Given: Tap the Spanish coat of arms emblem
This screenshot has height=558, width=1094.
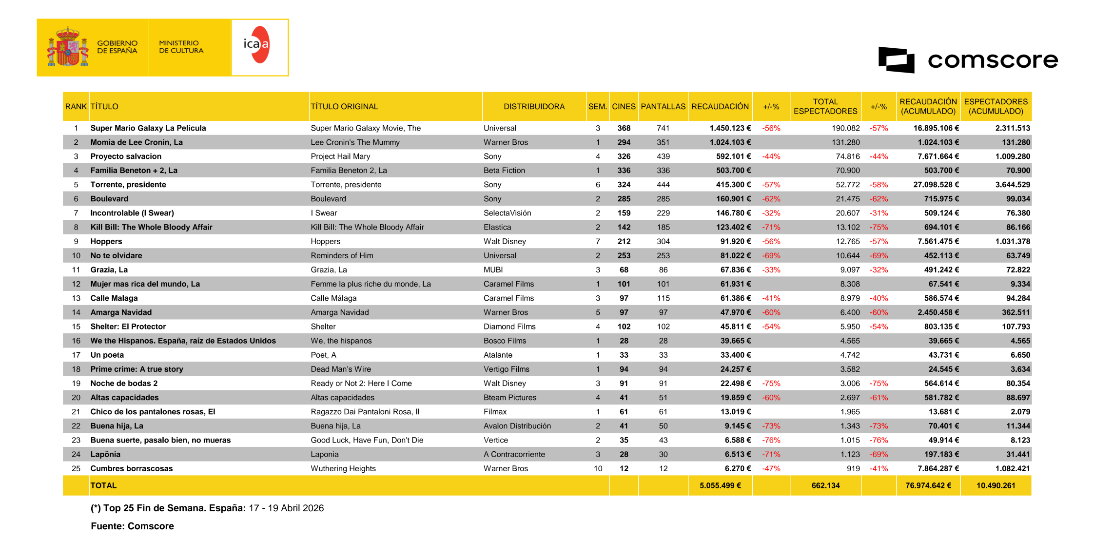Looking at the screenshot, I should pos(68,47).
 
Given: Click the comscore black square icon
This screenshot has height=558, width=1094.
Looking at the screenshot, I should pos(896,60).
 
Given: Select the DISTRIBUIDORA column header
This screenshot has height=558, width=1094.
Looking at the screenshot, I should pos(534,106).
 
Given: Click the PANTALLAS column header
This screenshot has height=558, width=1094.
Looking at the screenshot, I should pos(663,106).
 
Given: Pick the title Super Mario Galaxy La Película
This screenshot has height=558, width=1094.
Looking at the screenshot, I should pos(148,128).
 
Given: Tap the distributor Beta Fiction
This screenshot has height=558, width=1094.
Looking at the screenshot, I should pos(504,171).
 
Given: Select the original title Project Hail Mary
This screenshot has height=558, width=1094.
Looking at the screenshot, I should pos(340,156).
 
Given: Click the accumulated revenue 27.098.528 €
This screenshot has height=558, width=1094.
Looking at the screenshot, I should pos(936,185).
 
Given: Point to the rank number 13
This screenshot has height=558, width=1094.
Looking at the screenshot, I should pos(76,298).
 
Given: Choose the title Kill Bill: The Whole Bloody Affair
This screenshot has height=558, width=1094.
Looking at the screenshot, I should pos(151,227).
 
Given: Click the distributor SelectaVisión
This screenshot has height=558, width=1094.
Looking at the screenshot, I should pos(507,213).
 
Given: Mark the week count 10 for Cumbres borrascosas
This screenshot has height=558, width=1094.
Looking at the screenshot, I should pos(598,468).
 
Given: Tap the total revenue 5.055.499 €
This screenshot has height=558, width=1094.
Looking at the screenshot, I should pos(720,485).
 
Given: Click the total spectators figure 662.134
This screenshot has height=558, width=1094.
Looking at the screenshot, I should pos(825,485).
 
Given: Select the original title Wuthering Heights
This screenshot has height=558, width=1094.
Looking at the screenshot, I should pos(343,468).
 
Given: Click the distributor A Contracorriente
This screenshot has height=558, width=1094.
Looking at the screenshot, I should pos(514,454).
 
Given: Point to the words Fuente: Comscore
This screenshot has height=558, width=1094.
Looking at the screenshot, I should pos(132,526).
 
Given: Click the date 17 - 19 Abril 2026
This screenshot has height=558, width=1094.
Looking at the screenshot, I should pos(286,508).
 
